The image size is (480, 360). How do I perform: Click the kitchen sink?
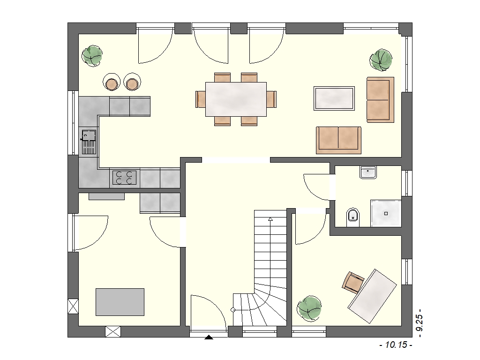[x=89, y=142]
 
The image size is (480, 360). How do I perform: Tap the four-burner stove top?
[x=124, y=178]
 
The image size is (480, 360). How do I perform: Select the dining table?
[x=236, y=99]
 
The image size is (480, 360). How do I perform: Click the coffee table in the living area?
[x=334, y=98]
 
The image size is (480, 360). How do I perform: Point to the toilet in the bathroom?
[x=353, y=217]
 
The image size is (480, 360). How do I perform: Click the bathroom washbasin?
[x=368, y=172]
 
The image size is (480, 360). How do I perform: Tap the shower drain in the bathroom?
[x=386, y=214]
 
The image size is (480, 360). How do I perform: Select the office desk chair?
[x=353, y=282]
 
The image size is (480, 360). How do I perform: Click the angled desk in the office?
[x=372, y=296]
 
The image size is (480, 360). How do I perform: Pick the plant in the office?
[x=309, y=308]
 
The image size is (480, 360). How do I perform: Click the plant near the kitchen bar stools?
[x=92, y=56]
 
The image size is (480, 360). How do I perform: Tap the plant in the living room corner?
[x=381, y=60]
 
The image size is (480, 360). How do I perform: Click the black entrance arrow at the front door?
[x=209, y=337]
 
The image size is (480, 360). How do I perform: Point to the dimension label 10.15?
[x=396, y=345]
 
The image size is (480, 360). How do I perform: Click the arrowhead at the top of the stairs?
[x=270, y=218]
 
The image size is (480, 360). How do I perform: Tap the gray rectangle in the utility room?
[x=120, y=302]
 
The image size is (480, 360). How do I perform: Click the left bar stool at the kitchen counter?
[x=112, y=82]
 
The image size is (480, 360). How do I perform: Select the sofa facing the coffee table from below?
[x=338, y=140]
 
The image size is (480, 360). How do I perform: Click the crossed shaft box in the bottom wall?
[x=113, y=331]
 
